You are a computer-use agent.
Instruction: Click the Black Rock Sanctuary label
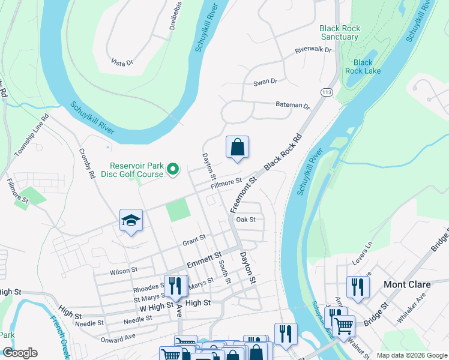click(339, 32)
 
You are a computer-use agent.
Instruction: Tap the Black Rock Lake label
click(363, 67)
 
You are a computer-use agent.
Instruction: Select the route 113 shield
click(327, 92)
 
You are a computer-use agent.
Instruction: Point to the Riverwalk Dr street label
click(313, 50)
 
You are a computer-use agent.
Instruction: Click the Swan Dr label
click(265, 81)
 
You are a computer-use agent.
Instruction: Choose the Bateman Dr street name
click(292, 105)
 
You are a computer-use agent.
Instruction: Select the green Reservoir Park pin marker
click(173, 170)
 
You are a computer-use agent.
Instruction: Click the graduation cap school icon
click(131, 220)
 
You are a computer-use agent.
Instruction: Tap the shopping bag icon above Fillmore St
click(238, 147)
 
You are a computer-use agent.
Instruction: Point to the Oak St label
click(246, 220)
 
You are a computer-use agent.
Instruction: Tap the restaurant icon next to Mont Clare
click(358, 286)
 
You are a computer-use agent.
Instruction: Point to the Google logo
click(20, 353)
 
